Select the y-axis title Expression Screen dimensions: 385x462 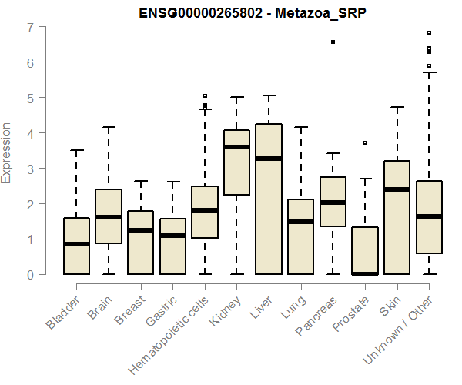(7, 152)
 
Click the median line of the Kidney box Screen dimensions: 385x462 (236, 147)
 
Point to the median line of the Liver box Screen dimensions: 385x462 (269, 159)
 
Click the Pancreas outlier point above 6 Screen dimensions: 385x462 (333, 42)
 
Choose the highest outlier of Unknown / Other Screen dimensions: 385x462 (429, 33)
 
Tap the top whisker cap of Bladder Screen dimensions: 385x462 (76, 150)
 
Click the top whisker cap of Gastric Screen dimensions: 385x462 (172, 182)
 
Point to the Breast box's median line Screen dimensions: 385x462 (140, 230)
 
